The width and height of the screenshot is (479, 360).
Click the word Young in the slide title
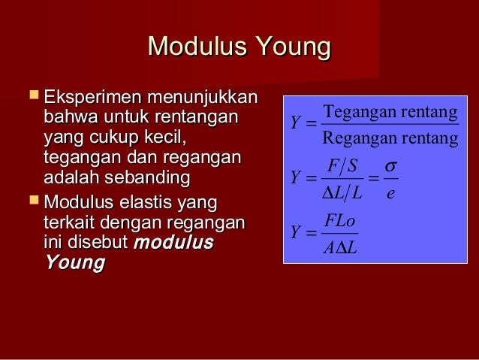[x=293, y=48]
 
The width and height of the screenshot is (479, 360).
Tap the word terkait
[x=72, y=223]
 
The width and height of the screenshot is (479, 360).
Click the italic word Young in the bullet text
[x=74, y=263]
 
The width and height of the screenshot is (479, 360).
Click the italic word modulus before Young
[x=173, y=244]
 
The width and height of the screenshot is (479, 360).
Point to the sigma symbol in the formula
[x=390, y=165]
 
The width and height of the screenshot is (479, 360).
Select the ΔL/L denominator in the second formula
[x=342, y=193]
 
